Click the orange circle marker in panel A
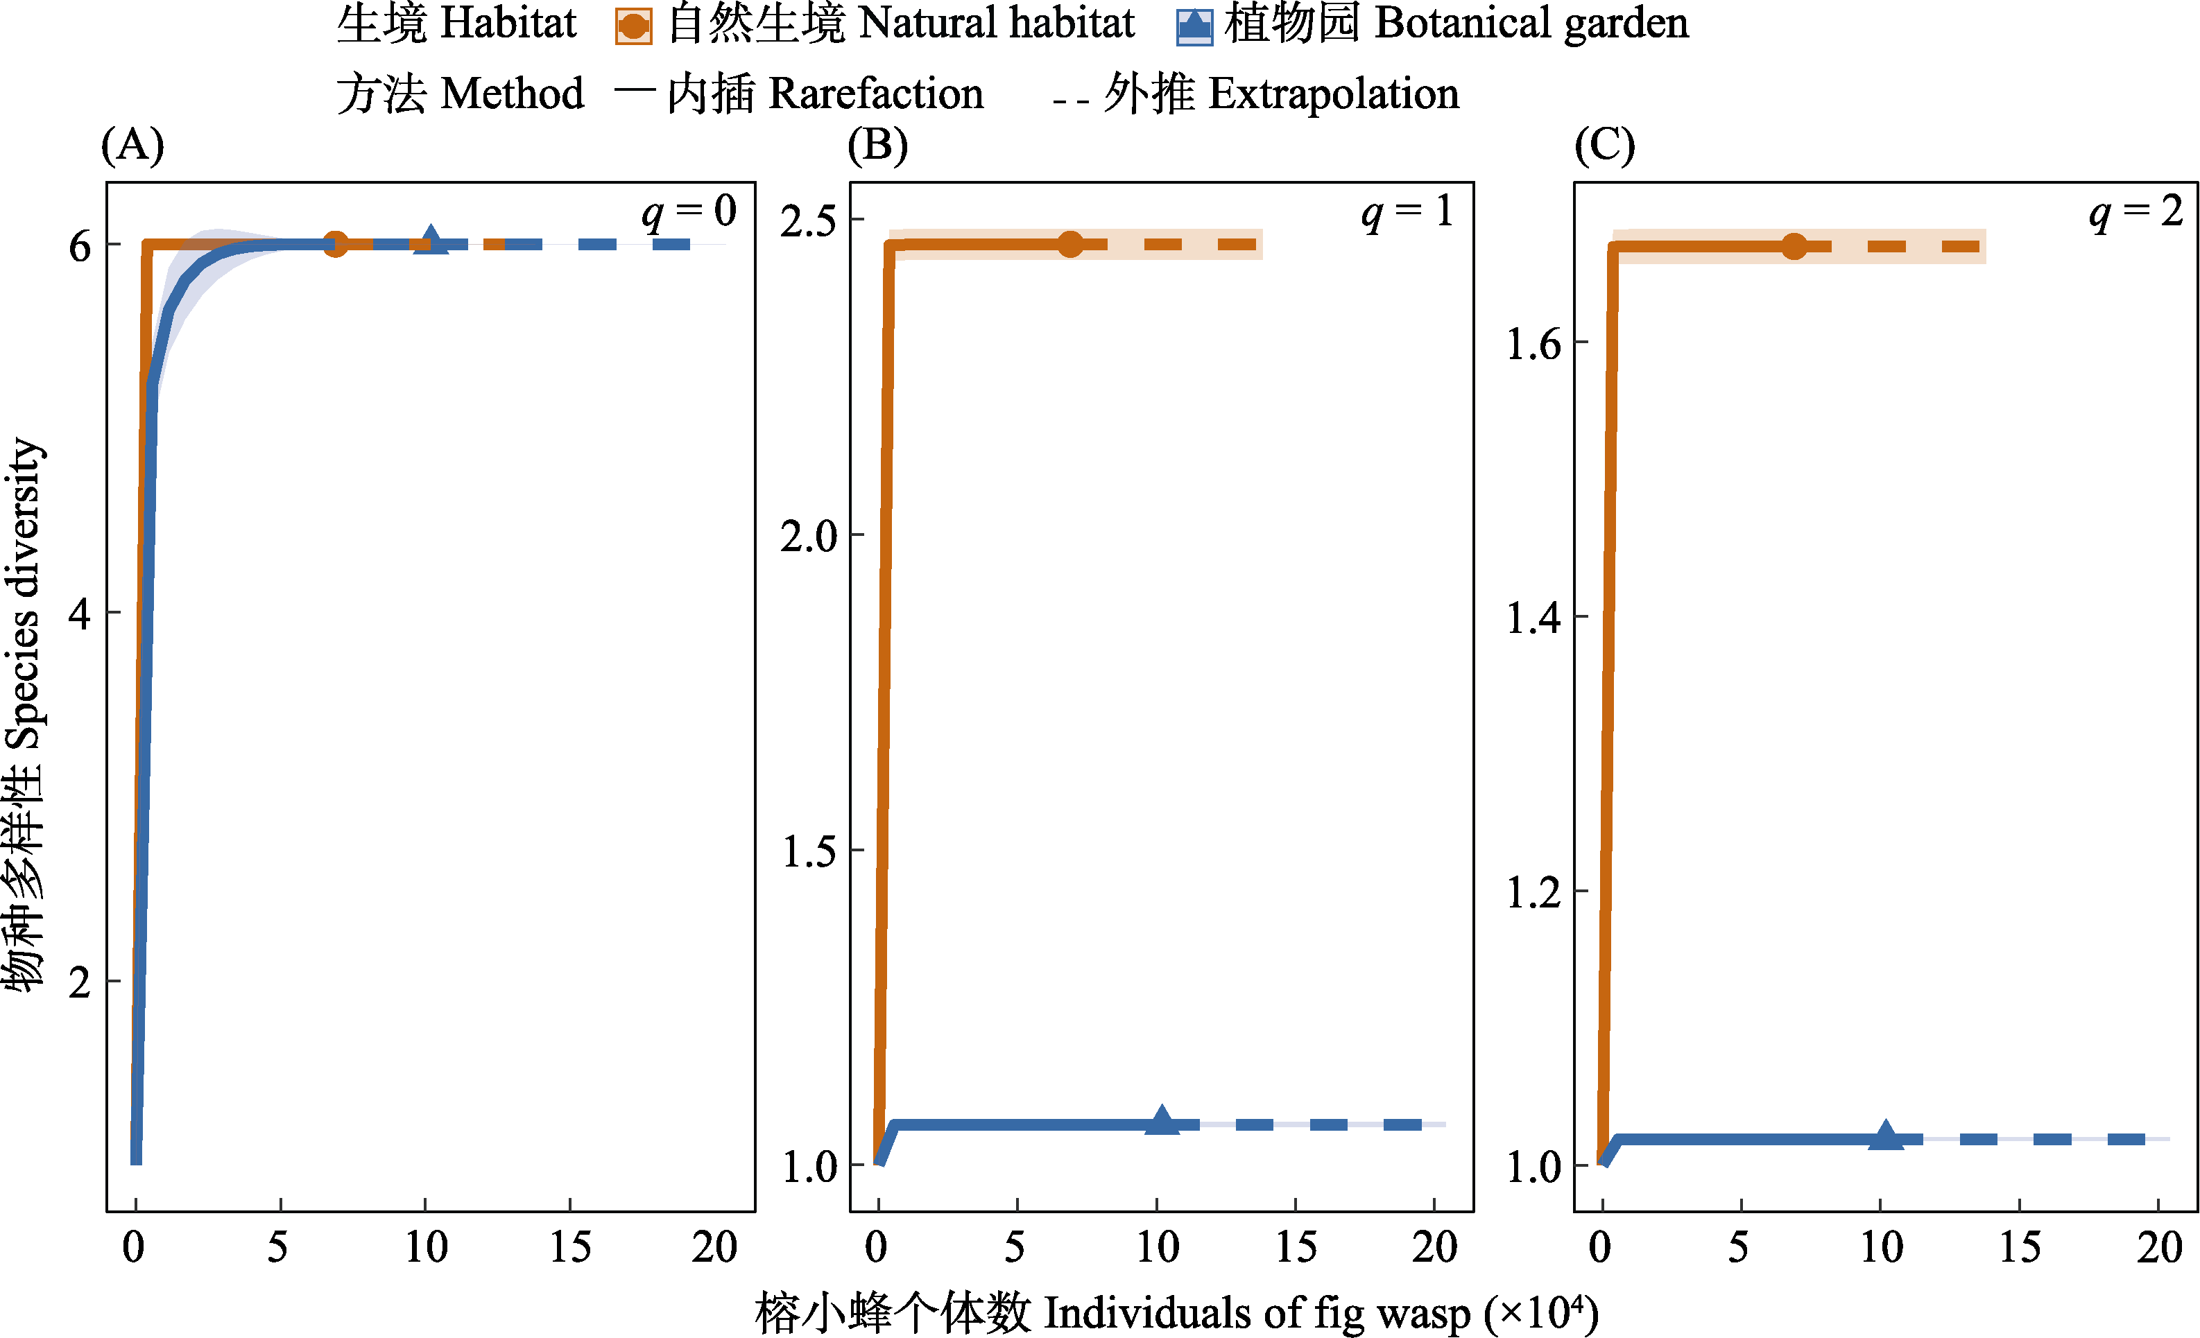click(335, 243)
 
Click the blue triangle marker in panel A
click(431, 241)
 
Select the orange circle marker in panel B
click(1069, 243)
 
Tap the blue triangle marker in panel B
click(1162, 1121)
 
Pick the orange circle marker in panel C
click(1794, 246)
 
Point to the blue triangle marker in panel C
click(1886, 1136)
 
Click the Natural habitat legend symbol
click(633, 26)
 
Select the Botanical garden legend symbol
click(1194, 26)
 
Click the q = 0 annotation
click(689, 212)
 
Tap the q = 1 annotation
click(1407, 212)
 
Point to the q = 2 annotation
click(2135, 212)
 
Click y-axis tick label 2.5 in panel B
click(808, 221)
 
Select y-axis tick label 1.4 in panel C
click(1533, 618)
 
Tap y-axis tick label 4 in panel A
click(80, 614)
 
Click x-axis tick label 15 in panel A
click(569, 1247)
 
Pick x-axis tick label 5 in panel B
click(1015, 1247)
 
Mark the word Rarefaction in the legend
click(875, 94)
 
